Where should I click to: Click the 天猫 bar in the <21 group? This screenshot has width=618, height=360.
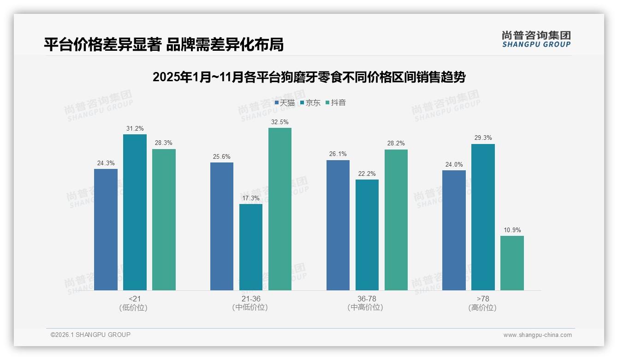click(x=106, y=229)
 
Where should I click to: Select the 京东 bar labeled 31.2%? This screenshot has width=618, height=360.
click(x=135, y=212)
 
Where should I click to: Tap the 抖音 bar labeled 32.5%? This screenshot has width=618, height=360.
click(x=280, y=209)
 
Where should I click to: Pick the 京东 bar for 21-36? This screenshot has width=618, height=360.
click(x=251, y=247)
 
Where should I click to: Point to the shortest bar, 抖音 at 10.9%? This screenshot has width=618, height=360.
click(x=512, y=263)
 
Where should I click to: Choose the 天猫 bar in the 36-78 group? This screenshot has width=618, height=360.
click(x=338, y=225)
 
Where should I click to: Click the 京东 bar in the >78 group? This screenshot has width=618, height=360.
click(x=483, y=217)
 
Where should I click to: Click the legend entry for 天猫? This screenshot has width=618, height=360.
click(x=285, y=102)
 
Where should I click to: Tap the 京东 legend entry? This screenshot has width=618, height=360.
click(x=310, y=102)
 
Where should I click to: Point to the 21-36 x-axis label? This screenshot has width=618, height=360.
click(x=251, y=299)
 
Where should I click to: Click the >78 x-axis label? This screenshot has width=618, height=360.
click(x=483, y=299)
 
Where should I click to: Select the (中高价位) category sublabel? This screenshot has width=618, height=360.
click(x=365, y=307)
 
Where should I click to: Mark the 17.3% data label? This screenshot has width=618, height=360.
click(x=251, y=198)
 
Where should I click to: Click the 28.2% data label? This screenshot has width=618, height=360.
click(x=396, y=144)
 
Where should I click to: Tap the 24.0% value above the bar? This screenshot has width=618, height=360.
click(x=454, y=164)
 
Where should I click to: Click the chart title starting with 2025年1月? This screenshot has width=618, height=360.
click(x=309, y=77)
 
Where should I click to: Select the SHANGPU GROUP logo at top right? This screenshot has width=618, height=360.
click(x=536, y=39)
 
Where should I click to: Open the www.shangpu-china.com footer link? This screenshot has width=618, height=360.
click(x=537, y=335)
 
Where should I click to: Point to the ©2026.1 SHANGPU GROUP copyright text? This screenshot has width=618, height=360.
click(x=90, y=335)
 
